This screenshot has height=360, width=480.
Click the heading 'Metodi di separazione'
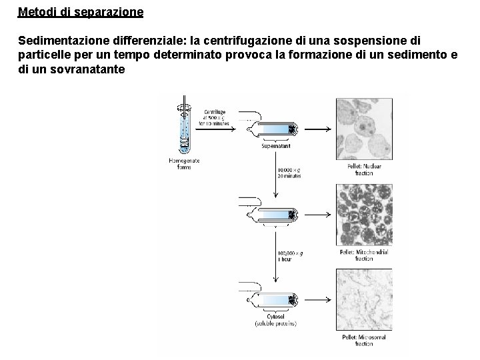click(x=81, y=12)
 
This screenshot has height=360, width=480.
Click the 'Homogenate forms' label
click(x=183, y=163)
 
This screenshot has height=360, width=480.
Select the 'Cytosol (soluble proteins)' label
click(x=275, y=320)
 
